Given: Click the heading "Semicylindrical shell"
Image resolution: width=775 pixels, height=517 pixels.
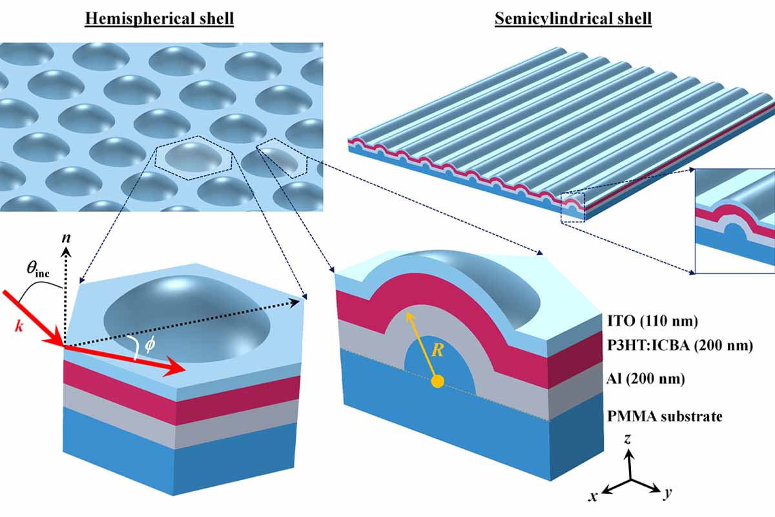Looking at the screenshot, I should [573, 19].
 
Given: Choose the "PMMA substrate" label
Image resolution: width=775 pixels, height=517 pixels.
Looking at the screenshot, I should [665, 416].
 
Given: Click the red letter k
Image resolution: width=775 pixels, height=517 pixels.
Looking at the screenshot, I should [19, 326].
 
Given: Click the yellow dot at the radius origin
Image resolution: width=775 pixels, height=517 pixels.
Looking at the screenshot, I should [437, 381].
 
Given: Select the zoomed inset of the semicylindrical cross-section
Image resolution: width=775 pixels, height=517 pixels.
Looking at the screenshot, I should [734, 220].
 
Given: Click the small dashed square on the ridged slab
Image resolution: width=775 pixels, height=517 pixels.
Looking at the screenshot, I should [573, 207].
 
